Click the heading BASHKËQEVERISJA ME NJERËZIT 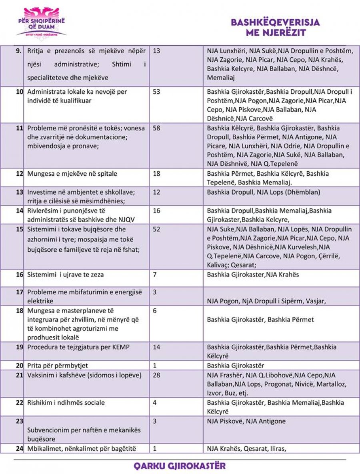pyautogui.click(x=275, y=28)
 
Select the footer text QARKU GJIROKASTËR pyautogui.click(x=180, y=466)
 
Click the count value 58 pyautogui.click(x=157, y=128)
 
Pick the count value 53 pyautogui.click(x=157, y=92)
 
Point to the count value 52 pyautogui.click(x=157, y=229)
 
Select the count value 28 pyautogui.click(x=157, y=375)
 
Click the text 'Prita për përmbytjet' pyautogui.click(x=58, y=366)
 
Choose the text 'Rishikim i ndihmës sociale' pyautogui.click(x=66, y=402)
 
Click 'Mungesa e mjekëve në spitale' pyautogui.click(x=72, y=174)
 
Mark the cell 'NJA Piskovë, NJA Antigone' pyautogui.click(x=246, y=421)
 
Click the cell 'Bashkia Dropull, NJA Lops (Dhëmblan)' pyautogui.click(x=258, y=192)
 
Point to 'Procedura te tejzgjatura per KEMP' pyautogui.click(x=78, y=347)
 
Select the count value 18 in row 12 pyautogui.click(x=157, y=174)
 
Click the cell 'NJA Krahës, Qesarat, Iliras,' pyautogui.click(x=246, y=448)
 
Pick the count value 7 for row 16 pyautogui.click(x=155, y=275)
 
